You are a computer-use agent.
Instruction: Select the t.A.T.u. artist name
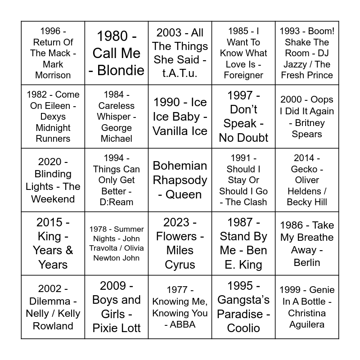tap(180, 73)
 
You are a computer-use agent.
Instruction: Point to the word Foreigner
tap(243, 75)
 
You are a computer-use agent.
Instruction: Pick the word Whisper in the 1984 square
tap(117, 117)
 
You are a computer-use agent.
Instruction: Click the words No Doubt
tap(243, 138)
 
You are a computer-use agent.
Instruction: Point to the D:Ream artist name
tap(117, 202)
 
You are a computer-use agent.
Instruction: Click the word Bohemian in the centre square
tap(180, 166)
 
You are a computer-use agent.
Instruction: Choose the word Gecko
tap(304, 169)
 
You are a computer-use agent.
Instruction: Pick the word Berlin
tap(307, 262)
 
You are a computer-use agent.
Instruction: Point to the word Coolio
tap(243, 328)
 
